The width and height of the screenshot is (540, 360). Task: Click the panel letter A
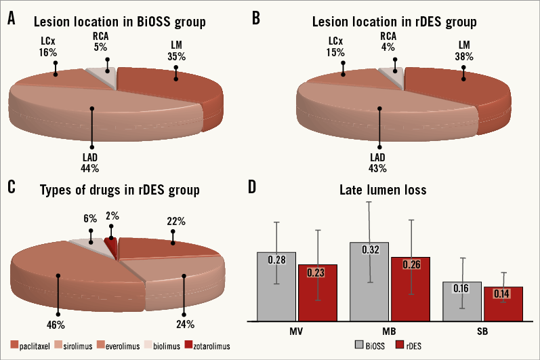[12, 20]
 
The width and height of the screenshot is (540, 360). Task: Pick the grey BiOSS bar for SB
[461, 301]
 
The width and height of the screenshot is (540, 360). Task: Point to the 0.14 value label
[502, 294]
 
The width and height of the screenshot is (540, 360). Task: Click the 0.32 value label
[369, 249]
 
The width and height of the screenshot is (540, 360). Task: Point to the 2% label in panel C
[112, 216]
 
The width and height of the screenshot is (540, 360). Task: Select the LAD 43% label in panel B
[377, 162]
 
